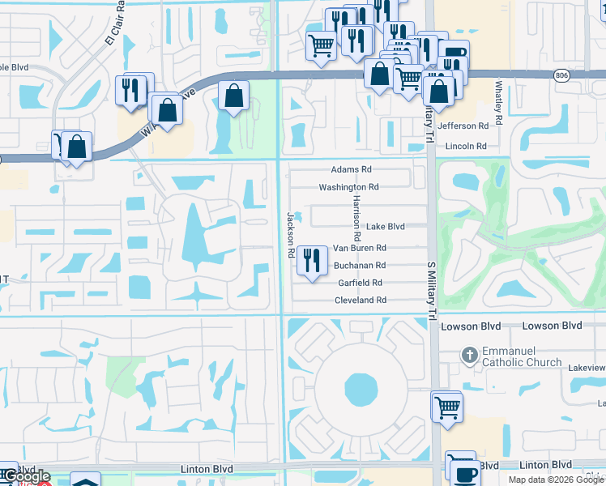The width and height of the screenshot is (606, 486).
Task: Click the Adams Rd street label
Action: (351, 170)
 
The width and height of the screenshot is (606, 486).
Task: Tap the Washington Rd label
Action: (348, 187)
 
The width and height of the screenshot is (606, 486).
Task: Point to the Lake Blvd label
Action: (385, 227)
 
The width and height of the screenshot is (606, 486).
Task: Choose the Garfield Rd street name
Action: (360, 283)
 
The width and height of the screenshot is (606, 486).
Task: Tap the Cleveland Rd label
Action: (361, 301)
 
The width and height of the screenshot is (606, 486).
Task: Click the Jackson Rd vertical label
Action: (289, 235)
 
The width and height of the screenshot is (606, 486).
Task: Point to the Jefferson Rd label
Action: (463, 126)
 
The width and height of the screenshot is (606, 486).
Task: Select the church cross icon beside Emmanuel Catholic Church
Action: (469, 356)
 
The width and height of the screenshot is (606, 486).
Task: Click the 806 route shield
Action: (561, 75)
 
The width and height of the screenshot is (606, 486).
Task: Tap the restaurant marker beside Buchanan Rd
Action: (309, 261)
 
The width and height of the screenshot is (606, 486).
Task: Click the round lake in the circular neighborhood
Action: (361, 390)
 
